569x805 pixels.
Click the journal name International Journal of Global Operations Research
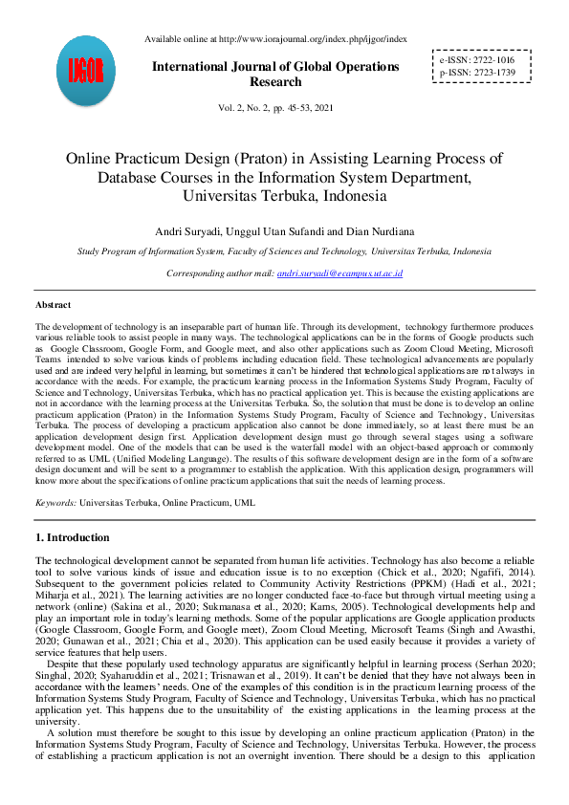pos(274,75)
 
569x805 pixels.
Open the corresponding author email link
pos(339,273)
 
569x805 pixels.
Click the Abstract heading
pos(53,304)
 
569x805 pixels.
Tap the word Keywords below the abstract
pos(55,501)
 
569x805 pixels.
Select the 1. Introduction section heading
pos(73,537)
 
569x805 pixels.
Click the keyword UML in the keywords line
pos(245,501)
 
